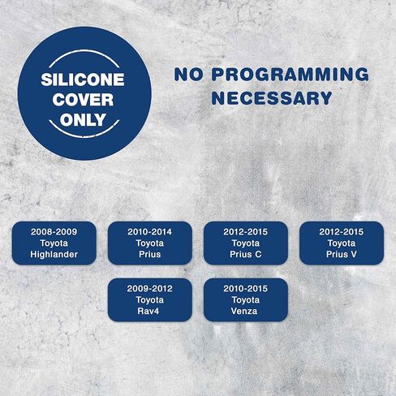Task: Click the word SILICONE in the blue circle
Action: (x=83, y=80)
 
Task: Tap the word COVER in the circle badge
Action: (x=83, y=100)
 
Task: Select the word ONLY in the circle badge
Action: (x=83, y=119)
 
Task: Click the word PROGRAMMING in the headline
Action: (x=291, y=75)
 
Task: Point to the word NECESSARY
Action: (x=272, y=98)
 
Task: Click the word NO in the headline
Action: (x=188, y=75)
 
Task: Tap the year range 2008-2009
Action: (x=54, y=232)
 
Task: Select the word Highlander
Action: (x=54, y=254)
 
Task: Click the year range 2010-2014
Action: (x=150, y=232)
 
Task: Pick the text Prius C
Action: (x=246, y=254)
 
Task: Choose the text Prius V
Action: (x=342, y=254)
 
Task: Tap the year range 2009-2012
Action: (x=150, y=289)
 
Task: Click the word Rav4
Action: (x=148, y=311)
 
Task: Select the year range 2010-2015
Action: (x=246, y=289)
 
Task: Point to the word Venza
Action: (x=244, y=311)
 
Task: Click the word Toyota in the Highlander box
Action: (x=54, y=243)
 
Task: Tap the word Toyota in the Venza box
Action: (x=246, y=300)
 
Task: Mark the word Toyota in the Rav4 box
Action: (x=150, y=300)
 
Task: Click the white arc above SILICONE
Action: (x=84, y=51)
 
